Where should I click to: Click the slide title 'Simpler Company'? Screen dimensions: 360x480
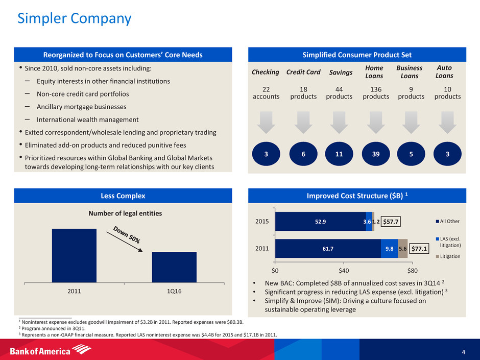coord(74,19)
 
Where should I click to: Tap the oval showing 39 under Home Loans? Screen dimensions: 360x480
coord(376,154)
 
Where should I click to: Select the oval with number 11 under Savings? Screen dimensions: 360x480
coord(339,154)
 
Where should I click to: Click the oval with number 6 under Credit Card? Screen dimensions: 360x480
coord(303,154)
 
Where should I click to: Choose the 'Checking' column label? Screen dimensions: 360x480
coord(266,72)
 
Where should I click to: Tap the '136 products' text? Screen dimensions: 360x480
coord(376,92)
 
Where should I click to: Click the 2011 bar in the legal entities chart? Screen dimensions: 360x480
coord(74,255)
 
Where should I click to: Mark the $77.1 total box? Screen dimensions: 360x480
coord(419,249)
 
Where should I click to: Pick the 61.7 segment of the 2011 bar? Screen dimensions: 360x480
coord(328,248)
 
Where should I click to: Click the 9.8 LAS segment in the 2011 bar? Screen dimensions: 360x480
coord(389,248)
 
